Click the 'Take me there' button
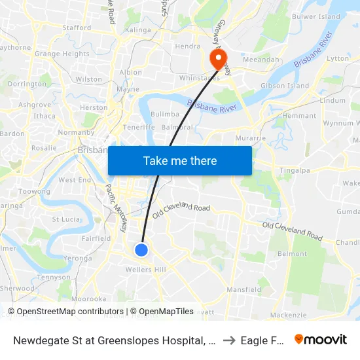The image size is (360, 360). click(180, 160)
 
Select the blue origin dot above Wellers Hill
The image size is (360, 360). click(141, 249)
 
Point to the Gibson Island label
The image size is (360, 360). click(285, 86)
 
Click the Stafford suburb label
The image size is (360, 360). click(77, 28)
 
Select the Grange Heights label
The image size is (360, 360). click(62, 54)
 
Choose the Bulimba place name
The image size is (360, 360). click(165, 114)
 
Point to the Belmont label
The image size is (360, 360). click(292, 253)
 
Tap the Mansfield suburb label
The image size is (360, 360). click(243, 289)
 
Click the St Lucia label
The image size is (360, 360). click(65, 219)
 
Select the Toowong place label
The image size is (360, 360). click(34, 192)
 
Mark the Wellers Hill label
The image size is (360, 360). click(146, 270)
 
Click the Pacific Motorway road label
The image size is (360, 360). click(116, 209)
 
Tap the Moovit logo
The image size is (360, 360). click(321, 339)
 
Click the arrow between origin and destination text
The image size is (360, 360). click(228, 340)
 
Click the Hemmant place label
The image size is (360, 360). click(300, 116)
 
